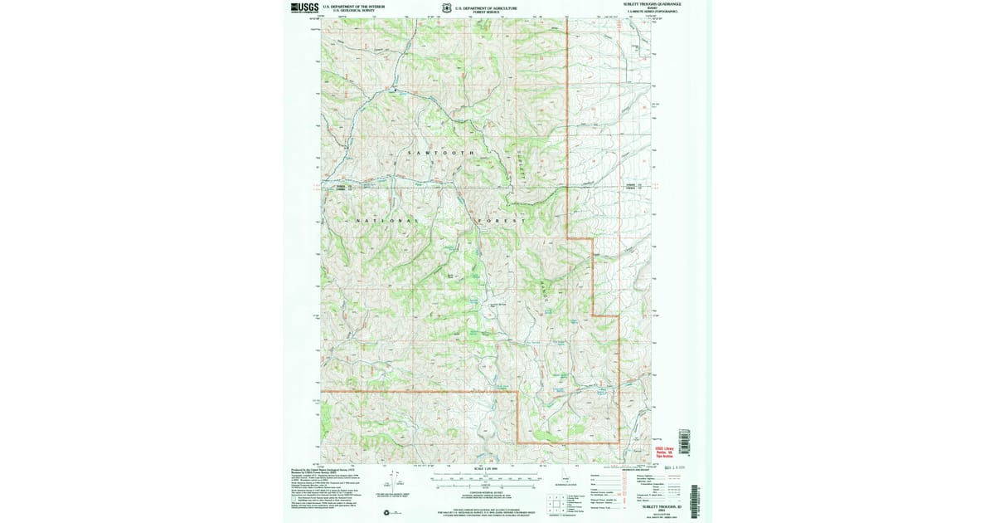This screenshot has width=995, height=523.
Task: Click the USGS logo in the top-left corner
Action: click(304, 7)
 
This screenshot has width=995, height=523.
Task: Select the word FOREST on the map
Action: click(502, 221)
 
